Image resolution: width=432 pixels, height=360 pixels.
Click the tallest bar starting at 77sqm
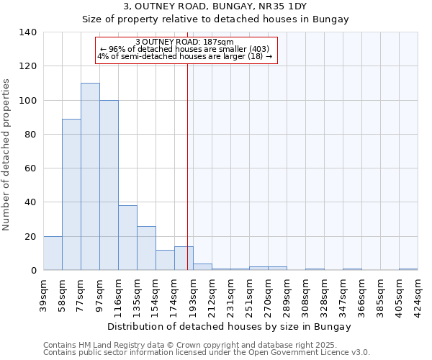click(90, 176)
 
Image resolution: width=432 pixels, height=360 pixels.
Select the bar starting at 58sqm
click(71, 194)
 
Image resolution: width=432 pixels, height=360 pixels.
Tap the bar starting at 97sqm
click(109, 185)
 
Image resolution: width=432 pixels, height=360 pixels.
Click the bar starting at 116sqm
click(127, 238)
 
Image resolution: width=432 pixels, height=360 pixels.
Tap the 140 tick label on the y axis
click(28, 32)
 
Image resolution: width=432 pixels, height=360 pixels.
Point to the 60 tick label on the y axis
click(31, 168)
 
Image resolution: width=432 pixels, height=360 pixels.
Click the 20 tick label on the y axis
click(31, 236)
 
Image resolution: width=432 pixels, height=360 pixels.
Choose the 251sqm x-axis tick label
click(249, 294)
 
